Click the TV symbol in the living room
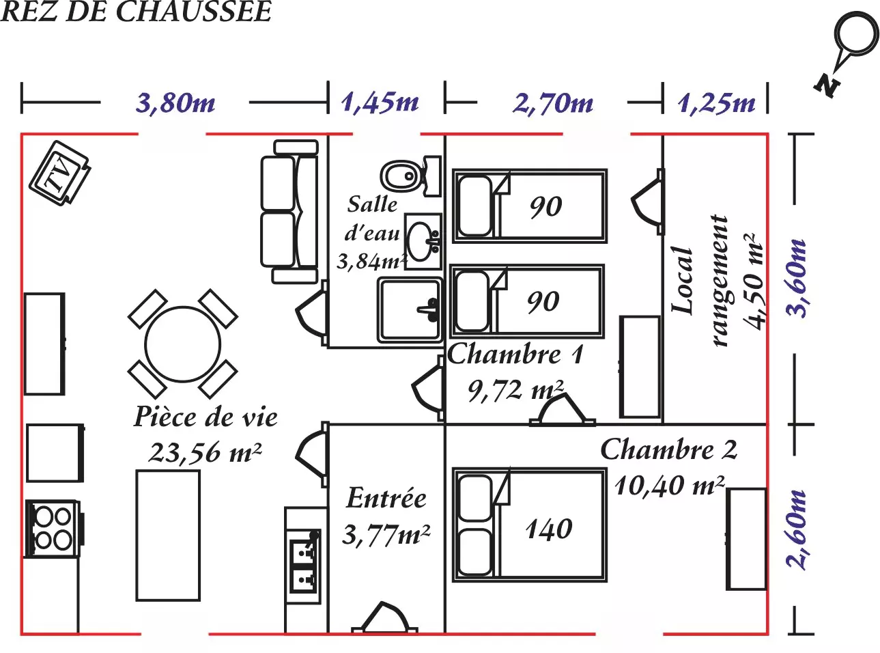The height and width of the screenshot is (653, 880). point(59,173)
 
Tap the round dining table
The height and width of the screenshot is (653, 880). point(183,344)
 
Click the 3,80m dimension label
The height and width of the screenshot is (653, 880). point(175,104)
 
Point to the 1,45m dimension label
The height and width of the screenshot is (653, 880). point(380,103)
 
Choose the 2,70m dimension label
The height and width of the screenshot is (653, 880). point(553,104)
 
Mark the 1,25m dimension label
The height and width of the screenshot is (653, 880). point(717,104)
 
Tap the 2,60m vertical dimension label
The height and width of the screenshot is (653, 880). point(797,529)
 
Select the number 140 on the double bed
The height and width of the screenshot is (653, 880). point(549,529)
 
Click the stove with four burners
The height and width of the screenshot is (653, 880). point(53,528)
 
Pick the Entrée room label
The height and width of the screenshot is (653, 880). point(386,498)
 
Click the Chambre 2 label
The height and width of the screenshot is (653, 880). point(668,450)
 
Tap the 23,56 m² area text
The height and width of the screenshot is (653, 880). point(205,452)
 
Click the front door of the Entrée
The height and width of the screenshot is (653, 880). point(384,619)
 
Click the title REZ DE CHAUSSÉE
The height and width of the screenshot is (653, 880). point(136,12)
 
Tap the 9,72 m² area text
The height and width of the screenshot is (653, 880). point(515,391)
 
